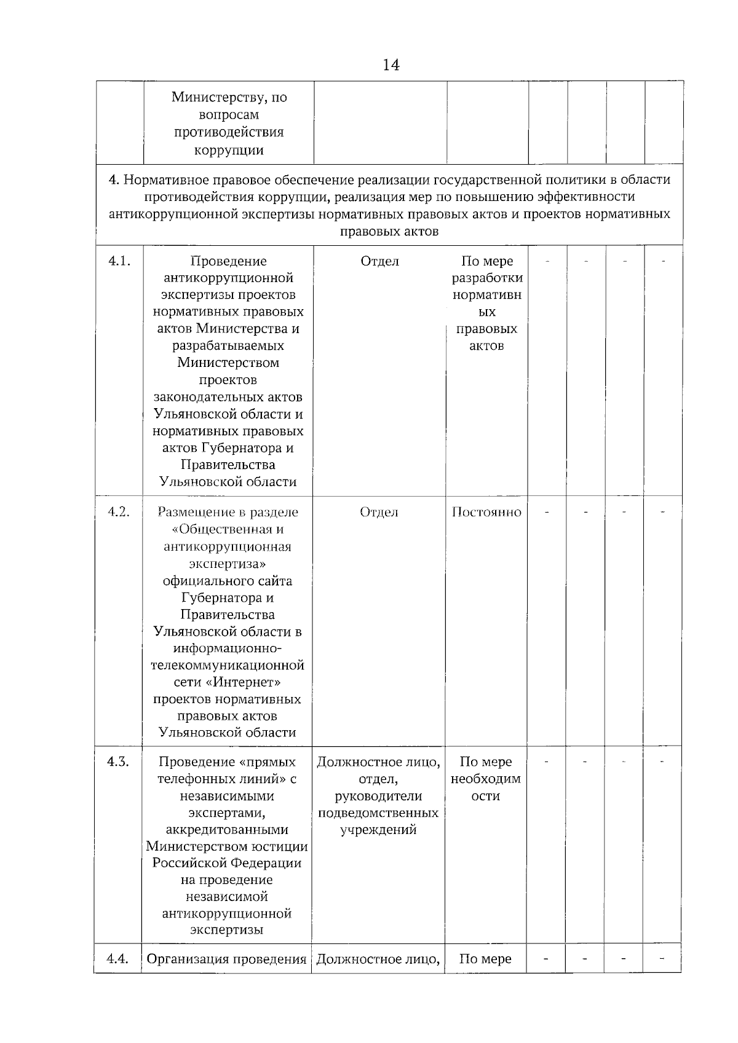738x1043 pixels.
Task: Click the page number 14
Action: coord(391,65)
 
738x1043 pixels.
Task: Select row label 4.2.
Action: coord(119,512)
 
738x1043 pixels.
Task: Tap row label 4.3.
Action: coord(118,762)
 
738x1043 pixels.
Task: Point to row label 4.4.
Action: coord(117,959)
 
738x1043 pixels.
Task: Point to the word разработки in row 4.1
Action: coord(487,278)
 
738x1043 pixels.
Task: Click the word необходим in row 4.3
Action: coord(486,779)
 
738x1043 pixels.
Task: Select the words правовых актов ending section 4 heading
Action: coord(389,232)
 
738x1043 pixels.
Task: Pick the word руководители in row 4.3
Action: coord(378,797)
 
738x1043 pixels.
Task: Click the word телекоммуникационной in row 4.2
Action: coord(228,666)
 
